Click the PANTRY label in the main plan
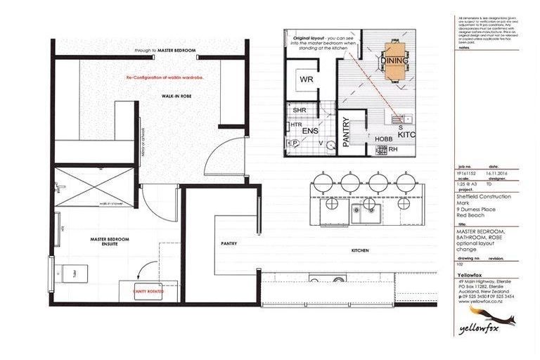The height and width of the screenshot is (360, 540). tap(227, 244)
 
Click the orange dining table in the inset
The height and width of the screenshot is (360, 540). tap(394, 60)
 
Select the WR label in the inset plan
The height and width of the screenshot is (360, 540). tap(306, 79)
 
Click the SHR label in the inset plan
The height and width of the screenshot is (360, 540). tap(299, 110)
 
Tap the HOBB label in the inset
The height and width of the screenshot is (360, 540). tap(382, 139)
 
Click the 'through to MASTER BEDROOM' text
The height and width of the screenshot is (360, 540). tap(165, 51)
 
